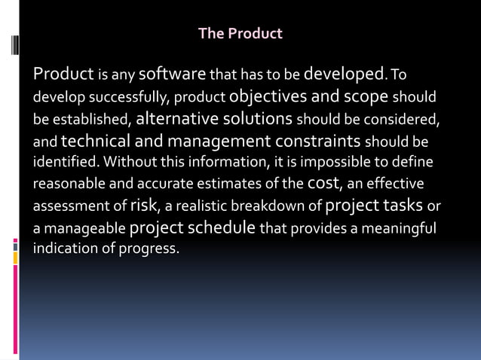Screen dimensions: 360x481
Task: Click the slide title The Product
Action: pos(240,34)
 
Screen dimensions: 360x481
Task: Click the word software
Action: pos(173,75)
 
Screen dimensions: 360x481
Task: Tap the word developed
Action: pos(344,75)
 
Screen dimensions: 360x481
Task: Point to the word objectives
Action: pos(268,97)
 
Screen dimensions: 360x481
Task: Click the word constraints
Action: pos(317,141)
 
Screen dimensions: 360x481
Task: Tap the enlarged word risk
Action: pos(142,205)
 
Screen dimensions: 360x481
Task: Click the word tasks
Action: pos(403,205)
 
